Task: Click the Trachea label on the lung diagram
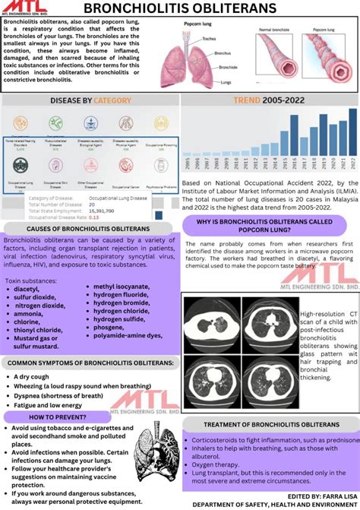point(210,38)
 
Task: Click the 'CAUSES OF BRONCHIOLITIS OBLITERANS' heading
point(88,228)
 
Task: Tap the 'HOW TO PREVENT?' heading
point(57,417)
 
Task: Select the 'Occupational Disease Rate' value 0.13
point(94,217)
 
